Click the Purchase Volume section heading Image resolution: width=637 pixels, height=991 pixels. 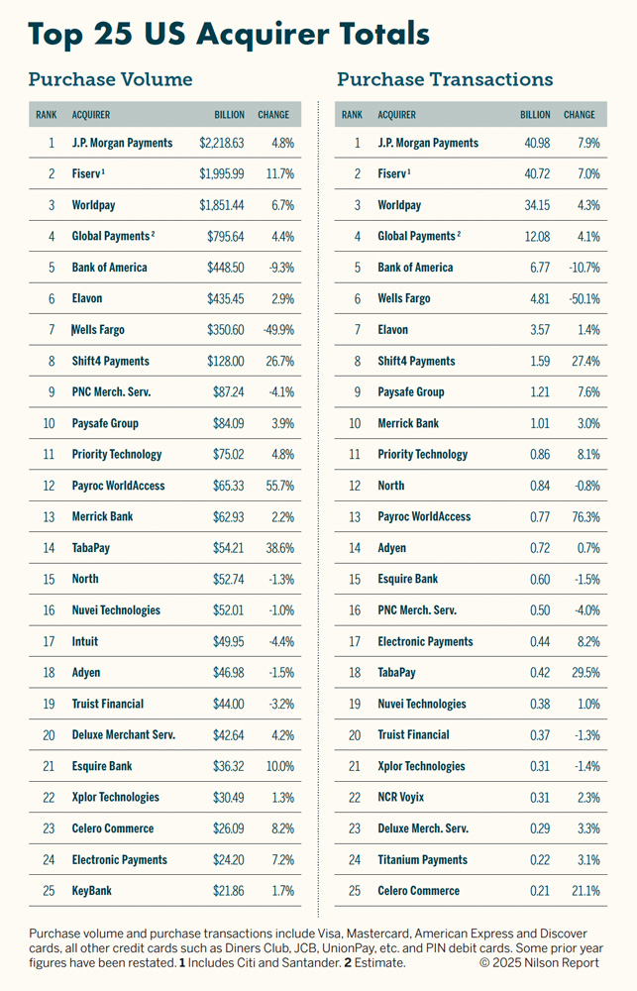[x=110, y=80]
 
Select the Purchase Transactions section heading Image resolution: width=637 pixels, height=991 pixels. [x=445, y=80]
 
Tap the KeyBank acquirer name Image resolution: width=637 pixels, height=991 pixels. [x=92, y=891]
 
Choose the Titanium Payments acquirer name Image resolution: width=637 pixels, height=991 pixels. [x=423, y=860]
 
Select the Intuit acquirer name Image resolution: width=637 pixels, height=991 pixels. [x=85, y=641]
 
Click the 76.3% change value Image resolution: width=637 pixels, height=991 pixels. [x=583, y=517]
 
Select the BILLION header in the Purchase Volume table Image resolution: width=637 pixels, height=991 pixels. [x=229, y=115]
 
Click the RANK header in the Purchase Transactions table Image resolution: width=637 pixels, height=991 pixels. [x=352, y=115]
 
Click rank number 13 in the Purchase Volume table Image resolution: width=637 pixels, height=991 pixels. [x=51, y=517]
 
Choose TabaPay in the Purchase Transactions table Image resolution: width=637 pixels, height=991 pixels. [x=398, y=673]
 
